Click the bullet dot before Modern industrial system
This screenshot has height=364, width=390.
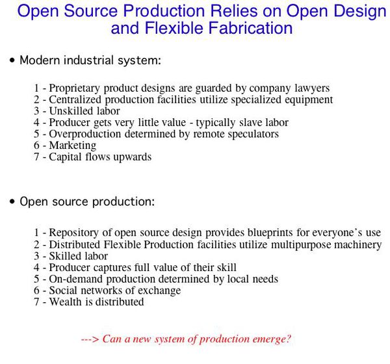tap(12, 61)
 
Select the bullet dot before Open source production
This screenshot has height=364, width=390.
tap(12, 202)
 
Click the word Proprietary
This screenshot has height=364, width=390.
tap(76, 88)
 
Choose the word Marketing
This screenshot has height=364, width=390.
tap(72, 146)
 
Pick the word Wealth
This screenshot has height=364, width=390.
tap(65, 302)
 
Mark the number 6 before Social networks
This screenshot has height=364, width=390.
tap(36, 291)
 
